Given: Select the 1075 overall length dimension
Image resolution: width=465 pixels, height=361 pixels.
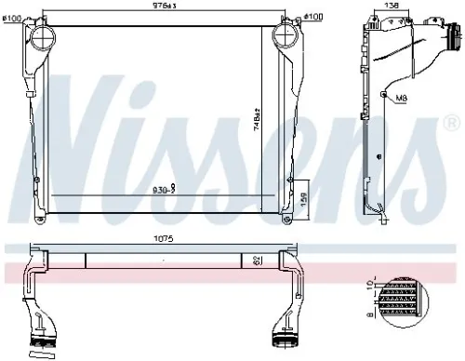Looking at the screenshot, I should (165, 238).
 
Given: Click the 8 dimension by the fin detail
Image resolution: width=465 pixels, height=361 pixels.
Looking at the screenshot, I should (369, 315).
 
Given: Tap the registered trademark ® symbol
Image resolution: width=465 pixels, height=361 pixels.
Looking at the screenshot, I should (451, 122).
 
